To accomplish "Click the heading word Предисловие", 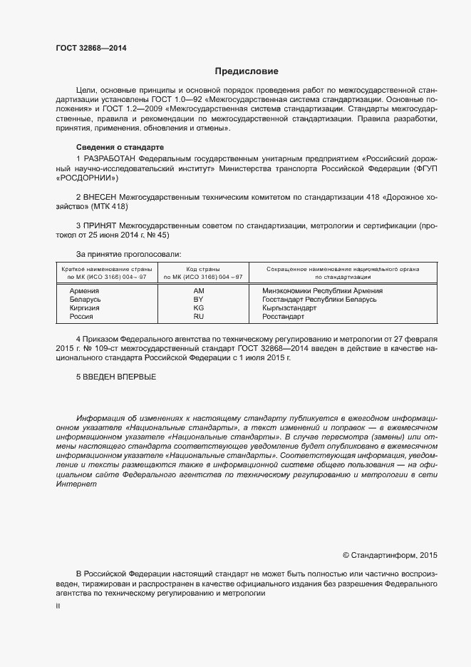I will [247, 71].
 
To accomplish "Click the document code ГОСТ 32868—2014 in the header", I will [90, 47].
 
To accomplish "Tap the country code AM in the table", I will [199, 291].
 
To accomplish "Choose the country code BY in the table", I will [199, 300].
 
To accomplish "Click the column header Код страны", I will [203, 269].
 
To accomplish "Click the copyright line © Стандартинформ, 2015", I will [390, 554].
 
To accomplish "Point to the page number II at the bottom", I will [58, 606].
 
